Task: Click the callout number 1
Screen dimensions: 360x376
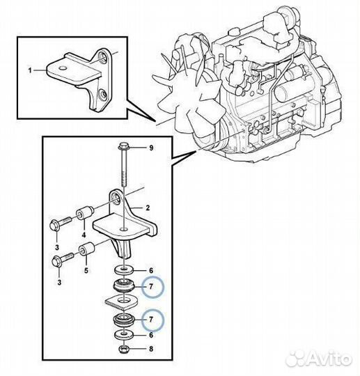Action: point(30,71)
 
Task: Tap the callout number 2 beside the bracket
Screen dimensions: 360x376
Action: point(148,207)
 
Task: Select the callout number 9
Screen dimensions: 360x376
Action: point(151,148)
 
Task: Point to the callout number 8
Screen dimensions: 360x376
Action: point(151,349)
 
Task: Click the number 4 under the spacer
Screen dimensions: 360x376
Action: point(84,235)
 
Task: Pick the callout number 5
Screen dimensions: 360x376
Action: point(86,270)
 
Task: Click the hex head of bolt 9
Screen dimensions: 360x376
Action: point(123,146)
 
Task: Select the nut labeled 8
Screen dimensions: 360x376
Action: point(123,349)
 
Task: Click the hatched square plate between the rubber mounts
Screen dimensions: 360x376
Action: point(121,301)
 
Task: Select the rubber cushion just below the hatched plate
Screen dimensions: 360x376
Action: point(124,320)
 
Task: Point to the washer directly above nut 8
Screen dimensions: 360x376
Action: point(124,334)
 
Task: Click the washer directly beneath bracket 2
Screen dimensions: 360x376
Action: point(124,270)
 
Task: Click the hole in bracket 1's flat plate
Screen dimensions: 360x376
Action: point(63,68)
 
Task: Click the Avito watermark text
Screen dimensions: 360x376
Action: point(330,359)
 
